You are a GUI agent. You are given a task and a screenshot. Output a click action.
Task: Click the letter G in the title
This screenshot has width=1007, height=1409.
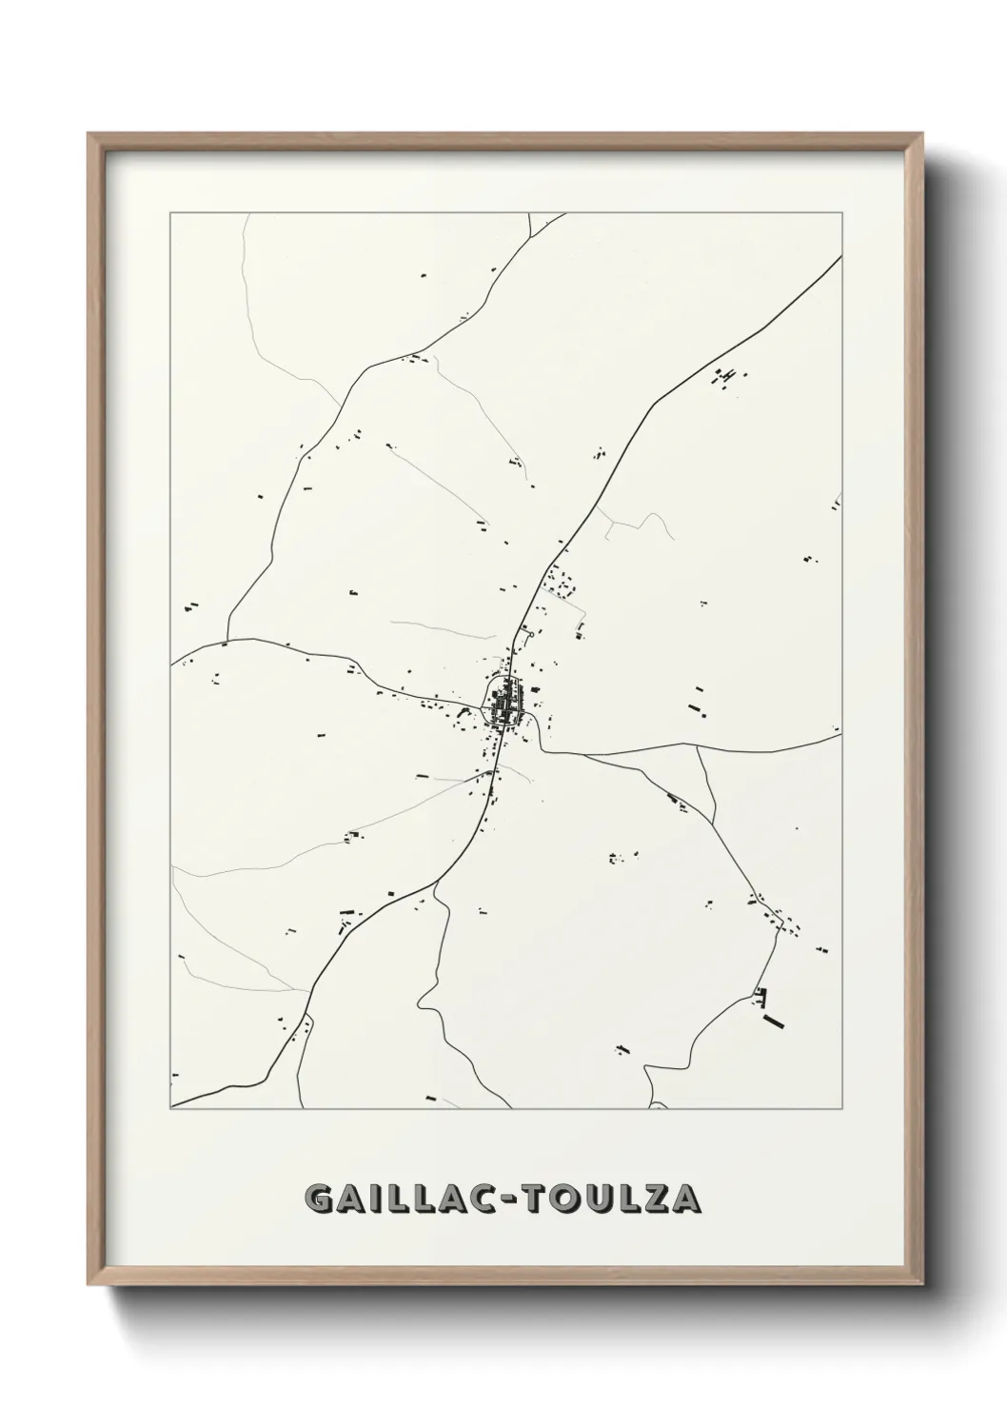[320, 1199]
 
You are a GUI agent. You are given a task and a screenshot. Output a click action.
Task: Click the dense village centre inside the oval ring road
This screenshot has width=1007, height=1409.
[503, 702]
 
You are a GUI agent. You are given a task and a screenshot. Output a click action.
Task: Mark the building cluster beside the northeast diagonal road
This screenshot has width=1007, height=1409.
[725, 377]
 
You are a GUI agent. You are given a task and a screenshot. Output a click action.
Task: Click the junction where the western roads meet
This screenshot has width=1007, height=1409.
[228, 639]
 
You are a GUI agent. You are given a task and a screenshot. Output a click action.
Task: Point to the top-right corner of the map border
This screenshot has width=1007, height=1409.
[841, 213]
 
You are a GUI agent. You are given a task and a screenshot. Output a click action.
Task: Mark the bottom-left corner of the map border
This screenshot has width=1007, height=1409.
[170, 1109]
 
